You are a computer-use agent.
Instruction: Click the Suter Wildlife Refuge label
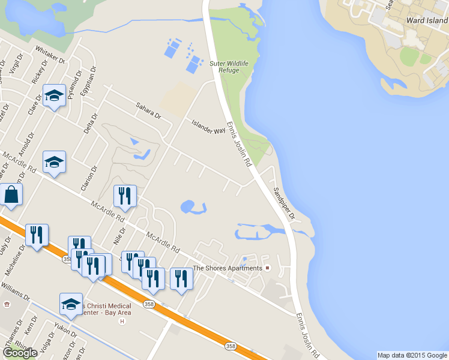(225, 66)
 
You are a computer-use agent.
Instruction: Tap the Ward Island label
(427, 20)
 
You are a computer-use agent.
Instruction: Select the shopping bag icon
(11, 195)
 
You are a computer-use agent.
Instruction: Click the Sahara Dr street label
(148, 110)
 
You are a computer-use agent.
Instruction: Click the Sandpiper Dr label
(280, 204)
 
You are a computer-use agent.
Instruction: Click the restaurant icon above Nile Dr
(125, 195)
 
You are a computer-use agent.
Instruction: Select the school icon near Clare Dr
(55, 96)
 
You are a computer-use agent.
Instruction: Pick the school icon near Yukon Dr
(71, 303)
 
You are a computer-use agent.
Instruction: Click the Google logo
(20, 353)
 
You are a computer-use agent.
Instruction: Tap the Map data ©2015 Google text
(412, 355)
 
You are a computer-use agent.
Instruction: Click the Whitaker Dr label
(50, 53)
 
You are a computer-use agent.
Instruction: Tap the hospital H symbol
(122, 322)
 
